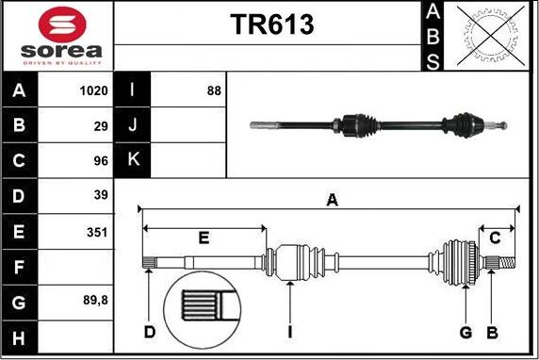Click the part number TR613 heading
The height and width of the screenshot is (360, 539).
272,25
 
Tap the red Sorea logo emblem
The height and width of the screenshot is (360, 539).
62,25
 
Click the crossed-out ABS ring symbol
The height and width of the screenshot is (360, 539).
491,36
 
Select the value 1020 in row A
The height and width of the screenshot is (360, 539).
94,90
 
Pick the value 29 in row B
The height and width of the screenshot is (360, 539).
101,126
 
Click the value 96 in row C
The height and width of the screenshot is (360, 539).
101,160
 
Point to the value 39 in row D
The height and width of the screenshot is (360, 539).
101,195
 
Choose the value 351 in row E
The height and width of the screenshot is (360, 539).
97,232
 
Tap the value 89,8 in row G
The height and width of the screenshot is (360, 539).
95,301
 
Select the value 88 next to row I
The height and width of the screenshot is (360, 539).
214,90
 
